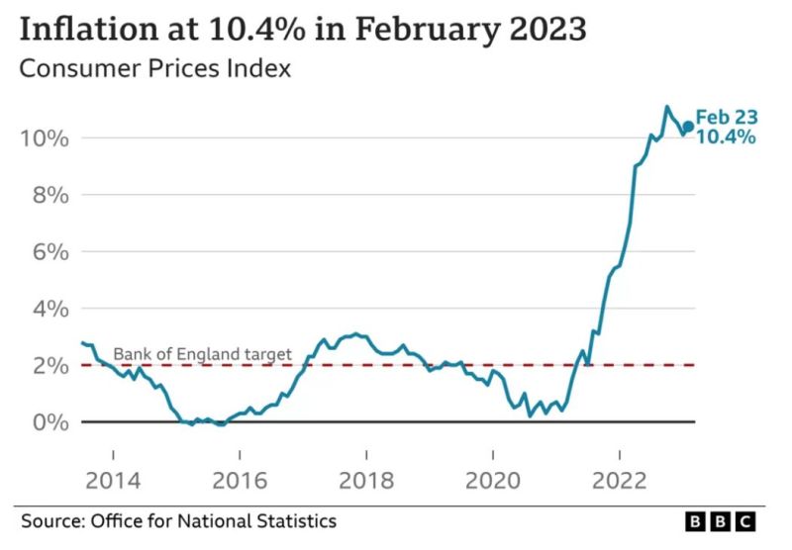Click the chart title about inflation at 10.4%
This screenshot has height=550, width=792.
303,29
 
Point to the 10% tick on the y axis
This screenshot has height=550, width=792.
42,137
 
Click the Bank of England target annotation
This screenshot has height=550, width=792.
202,354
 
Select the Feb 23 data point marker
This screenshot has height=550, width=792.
688,127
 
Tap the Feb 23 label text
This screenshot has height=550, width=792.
726,118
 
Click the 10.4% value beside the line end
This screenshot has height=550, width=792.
726,137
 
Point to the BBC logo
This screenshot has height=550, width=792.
720,520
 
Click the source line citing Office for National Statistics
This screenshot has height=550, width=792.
179,520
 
